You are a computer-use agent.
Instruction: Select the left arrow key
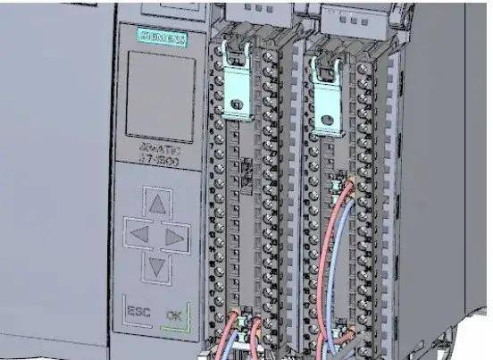pos(139,237)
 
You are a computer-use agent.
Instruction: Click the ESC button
pos(139,314)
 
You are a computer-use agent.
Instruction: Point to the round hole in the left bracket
pos(238,107)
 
